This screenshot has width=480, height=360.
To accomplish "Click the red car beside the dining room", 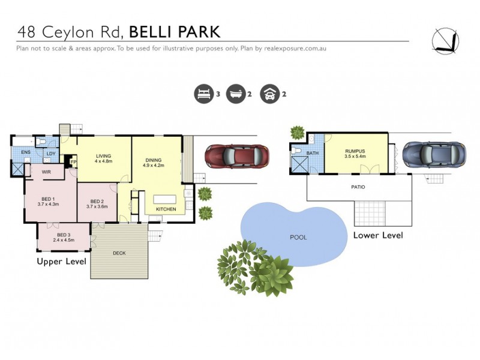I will pyautogui.click(x=234, y=157).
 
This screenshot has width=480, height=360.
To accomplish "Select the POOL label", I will pyautogui.click(x=298, y=237).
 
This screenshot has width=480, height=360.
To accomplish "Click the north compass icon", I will pyautogui.click(x=446, y=40).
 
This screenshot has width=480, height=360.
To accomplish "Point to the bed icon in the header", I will pyautogui.click(x=203, y=94).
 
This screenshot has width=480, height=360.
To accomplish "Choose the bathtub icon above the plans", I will pyautogui.click(x=236, y=94).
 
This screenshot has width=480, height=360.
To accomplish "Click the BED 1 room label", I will pyautogui.click(x=47, y=199).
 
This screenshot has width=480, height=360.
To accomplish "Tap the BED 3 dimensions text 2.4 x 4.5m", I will pyautogui.click(x=62, y=240).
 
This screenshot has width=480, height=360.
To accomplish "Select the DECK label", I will pyautogui.click(x=119, y=253).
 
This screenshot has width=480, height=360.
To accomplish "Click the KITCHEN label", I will pyautogui.click(x=166, y=209).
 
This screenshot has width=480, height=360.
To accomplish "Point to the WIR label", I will pyautogui.click(x=46, y=172).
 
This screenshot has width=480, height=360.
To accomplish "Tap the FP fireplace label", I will pyautogui.click(x=74, y=162).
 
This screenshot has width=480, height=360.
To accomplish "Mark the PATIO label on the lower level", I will pyautogui.click(x=358, y=187).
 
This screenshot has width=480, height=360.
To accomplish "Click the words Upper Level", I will pyautogui.click(x=62, y=262).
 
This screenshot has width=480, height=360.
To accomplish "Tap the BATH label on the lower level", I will pyautogui.click(x=313, y=154).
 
